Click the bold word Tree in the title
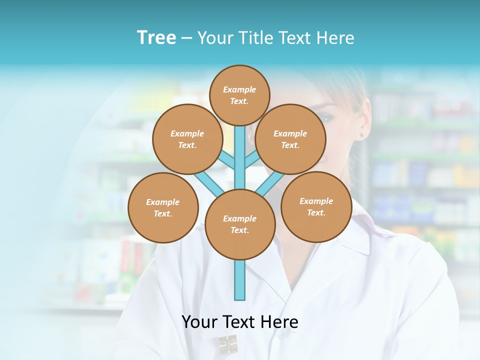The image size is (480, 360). (x=156, y=38)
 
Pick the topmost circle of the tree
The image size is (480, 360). (x=239, y=95)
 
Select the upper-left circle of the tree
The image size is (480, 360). (x=187, y=139)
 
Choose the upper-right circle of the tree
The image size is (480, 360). (x=290, y=139)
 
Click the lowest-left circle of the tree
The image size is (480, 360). (x=163, y=207)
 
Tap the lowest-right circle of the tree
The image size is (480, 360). (x=316, y=206)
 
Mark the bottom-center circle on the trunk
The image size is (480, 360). (x=240, y=224)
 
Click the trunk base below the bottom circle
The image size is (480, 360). (x=240, y=280)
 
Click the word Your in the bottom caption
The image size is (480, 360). (x=199, y=322)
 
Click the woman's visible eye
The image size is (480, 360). (x=326, y=118)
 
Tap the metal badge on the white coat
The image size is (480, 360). (x=227, y=344)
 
